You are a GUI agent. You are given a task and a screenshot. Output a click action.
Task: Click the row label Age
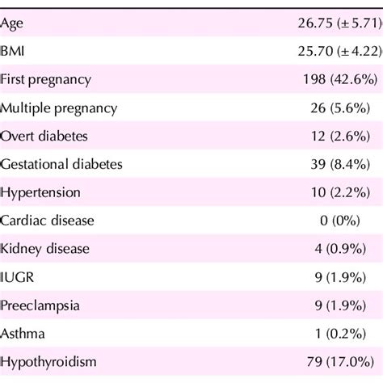(x=12, y=23)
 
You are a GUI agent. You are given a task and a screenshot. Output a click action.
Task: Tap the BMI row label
(x=14, y=52)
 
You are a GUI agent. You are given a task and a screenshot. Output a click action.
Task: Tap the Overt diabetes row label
(x=44, y=136)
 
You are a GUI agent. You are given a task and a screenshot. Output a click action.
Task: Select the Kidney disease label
(x=44, y=248)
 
